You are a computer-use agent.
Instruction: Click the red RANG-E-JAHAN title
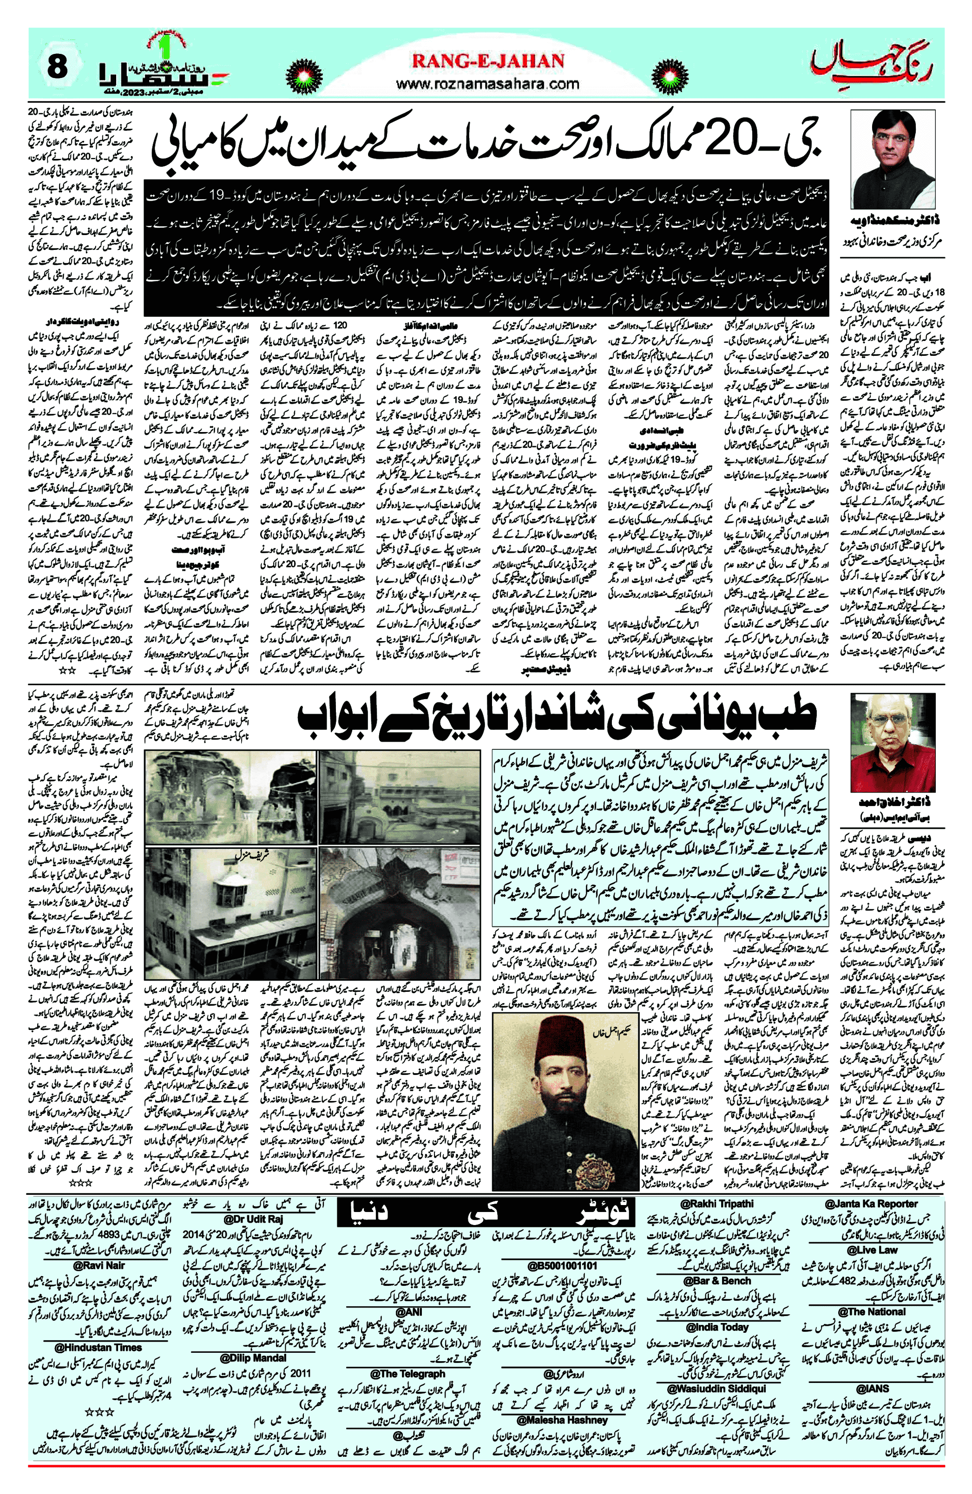[x=488, y=61]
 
